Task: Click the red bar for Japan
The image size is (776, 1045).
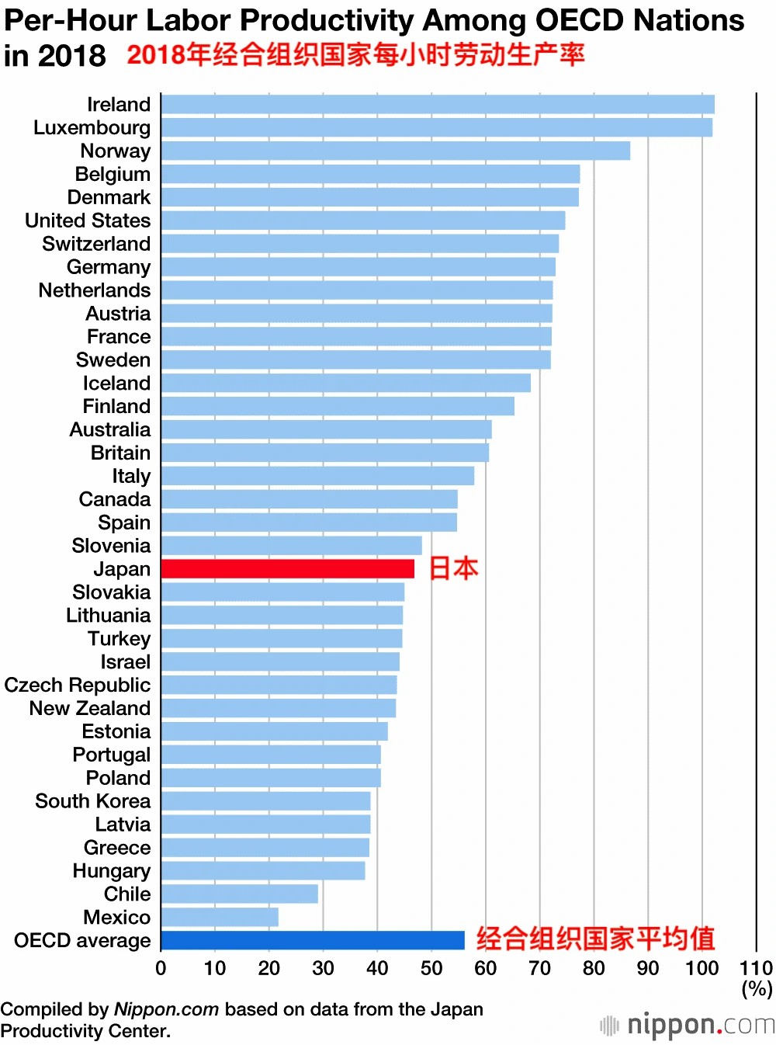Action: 287,569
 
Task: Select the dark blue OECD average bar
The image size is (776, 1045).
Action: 312,940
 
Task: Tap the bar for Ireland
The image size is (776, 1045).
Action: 437,105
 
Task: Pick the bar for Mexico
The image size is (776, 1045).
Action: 220,917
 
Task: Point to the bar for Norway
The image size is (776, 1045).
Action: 395,151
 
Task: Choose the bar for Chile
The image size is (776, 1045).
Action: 239,894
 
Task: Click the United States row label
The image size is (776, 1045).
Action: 88,220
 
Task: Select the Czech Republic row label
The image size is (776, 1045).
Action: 78,685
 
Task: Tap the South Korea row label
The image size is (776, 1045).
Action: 93,801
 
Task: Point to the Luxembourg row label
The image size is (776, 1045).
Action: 92,127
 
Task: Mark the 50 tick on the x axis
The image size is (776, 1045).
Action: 431,968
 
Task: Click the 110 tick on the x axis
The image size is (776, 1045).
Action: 756,968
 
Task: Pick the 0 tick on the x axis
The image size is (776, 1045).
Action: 161,968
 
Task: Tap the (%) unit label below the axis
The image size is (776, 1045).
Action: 757,989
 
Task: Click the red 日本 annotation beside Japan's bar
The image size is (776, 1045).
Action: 453,569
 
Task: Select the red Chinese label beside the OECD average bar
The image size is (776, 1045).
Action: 595,939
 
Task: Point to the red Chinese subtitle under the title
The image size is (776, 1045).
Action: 355,55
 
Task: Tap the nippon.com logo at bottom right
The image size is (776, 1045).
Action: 688,1025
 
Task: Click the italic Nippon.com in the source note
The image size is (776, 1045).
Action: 166,1009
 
